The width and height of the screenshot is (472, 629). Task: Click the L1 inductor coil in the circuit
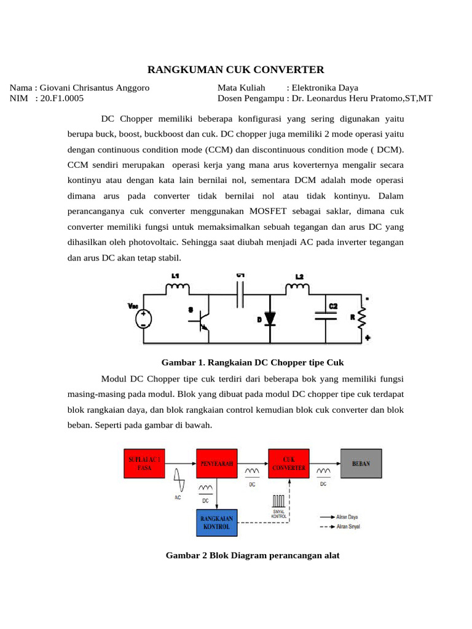coord(179,286)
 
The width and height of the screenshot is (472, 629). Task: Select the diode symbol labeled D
coord(270,318)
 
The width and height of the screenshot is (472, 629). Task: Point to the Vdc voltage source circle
coord(143,318)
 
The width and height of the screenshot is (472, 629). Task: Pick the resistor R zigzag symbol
coord(361,318)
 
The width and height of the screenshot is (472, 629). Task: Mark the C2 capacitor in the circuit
coord(325,314)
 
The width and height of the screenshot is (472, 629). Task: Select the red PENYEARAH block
coord(216,463)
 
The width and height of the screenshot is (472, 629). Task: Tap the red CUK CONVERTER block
coord(288,463)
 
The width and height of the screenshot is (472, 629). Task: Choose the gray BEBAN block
coord(360,463)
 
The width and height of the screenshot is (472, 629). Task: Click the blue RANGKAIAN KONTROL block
coord(216,523)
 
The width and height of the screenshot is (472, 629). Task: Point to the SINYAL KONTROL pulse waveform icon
coord(279,499)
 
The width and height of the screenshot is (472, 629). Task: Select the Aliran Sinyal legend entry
coord(337,527)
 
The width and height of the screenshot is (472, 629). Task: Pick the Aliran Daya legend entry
coord(337,517)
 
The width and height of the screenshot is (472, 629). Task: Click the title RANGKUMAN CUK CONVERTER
coord(236,70)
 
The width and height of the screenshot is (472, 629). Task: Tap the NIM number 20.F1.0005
coord(61,98)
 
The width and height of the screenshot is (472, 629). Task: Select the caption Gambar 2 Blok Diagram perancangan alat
coord(253,555)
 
